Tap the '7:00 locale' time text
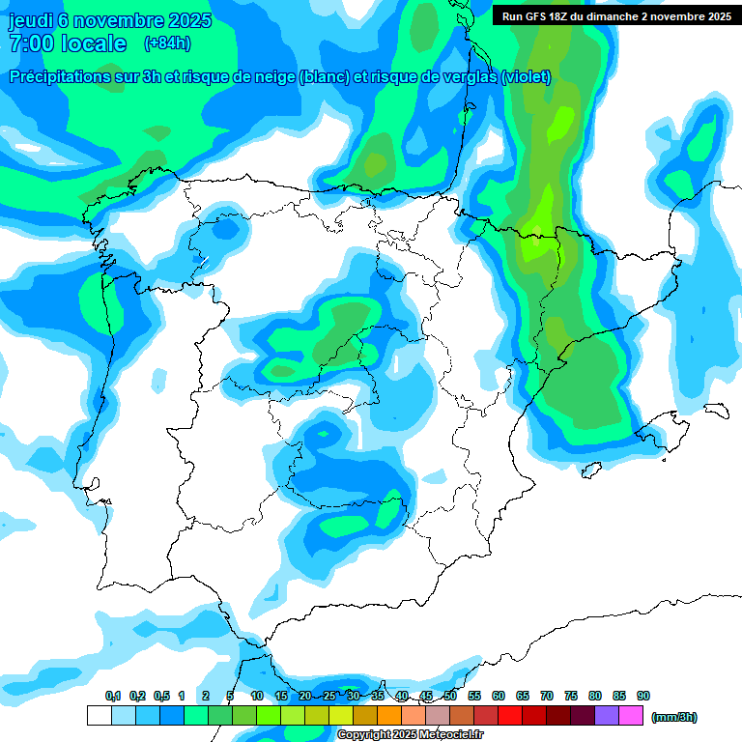pyautogui.click(x=68, y=44)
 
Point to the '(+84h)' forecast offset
pyautogui.click(x=167, y=43)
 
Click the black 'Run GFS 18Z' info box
pyautogui.click(x=614, y=16)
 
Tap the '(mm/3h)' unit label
pyautogui.click(x=674, y=717)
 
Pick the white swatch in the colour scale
pyautogui.click(x=99, y=716)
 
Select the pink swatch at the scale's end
pyautogui.click(x=631, y=716)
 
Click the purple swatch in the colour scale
pyautogui.click(x=607, y=716)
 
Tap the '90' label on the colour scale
pyautogui.click(x=643, y=696)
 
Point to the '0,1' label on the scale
pyautogui.click(x=113, y=696)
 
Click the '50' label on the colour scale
pyautogui.click(x=450, y=696)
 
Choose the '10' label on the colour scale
pyautogui.click(x=257, y=696)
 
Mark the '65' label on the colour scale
pyautogui.click(x=523, y=696)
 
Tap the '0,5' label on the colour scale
pyautogui.click(x=161, y=696)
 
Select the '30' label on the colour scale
pyautogui.click(x=354, y=696)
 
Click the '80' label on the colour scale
pyautogui.click(x=595, y=696)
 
